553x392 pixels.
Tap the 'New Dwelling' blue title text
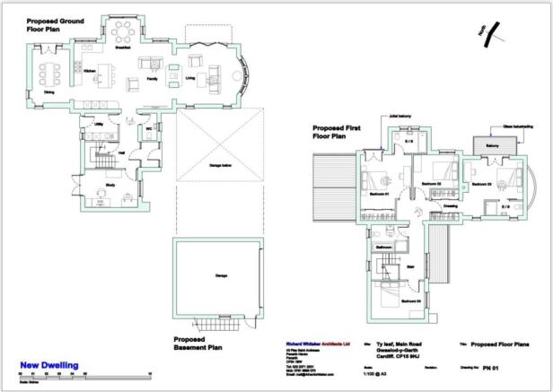coord(48,365)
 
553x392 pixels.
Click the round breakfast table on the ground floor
coord(125,32)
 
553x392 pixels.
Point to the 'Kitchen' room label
coord(89,70)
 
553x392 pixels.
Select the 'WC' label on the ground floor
coord(147,128)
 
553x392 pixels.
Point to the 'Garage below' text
coord(220,167)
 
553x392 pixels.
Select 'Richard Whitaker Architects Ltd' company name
coord(310,343)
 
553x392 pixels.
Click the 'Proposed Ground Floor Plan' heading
coord(56,24)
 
